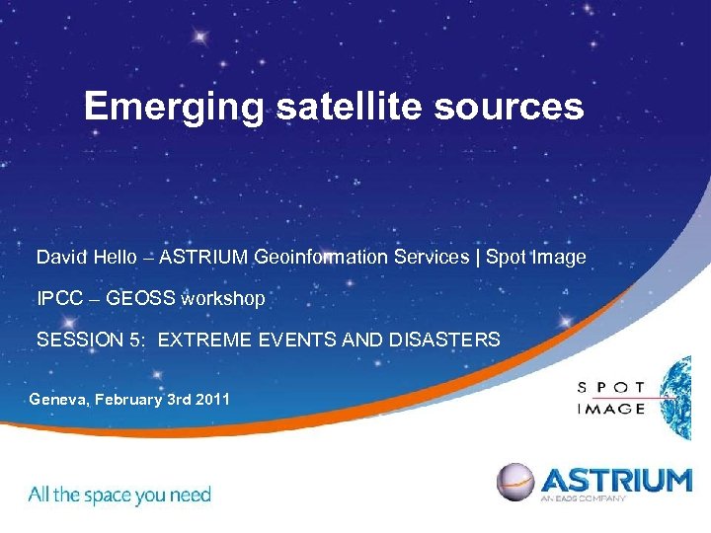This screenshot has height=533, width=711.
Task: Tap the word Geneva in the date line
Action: [x=57, y=400]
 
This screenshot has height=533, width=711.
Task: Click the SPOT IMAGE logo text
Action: [x=611, y=397]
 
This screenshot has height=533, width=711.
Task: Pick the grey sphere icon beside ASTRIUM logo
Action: [x=515, y=482]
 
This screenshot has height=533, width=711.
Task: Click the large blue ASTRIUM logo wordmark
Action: [x=615, y=481]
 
